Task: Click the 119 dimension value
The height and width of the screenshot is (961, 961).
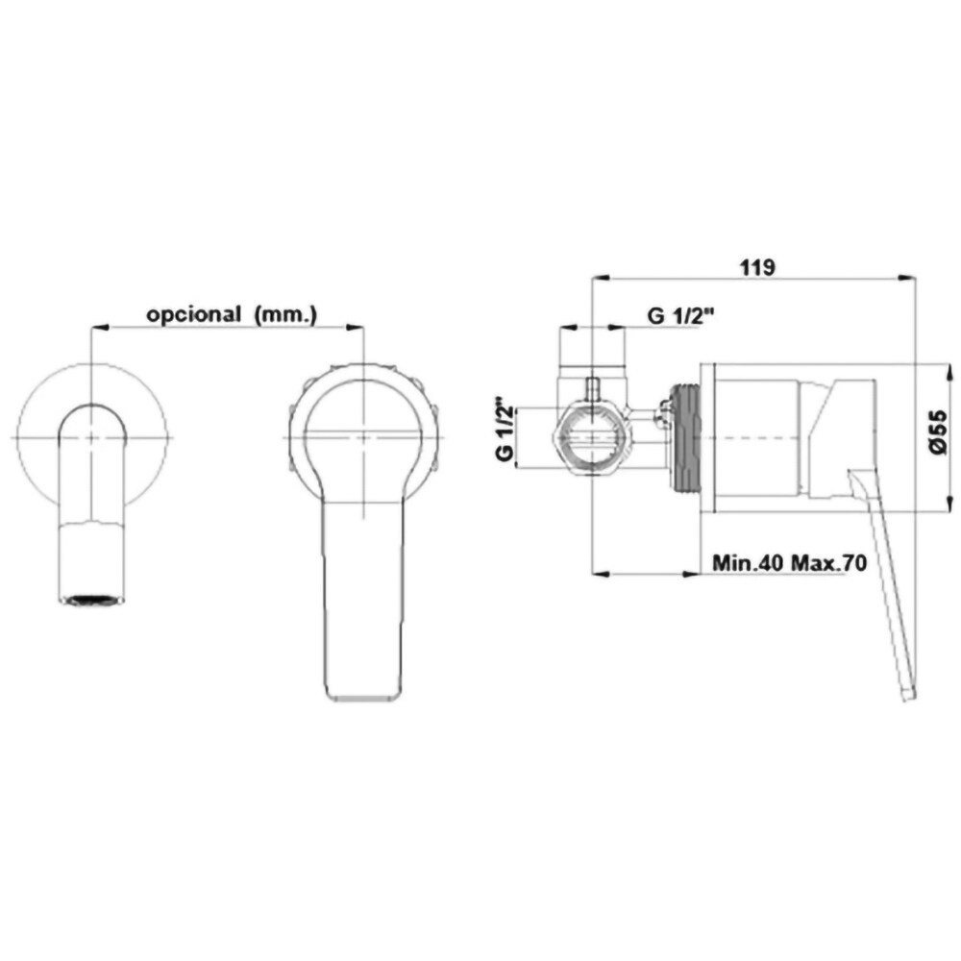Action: point(757,268)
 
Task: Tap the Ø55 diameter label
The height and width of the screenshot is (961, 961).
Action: point(938,432)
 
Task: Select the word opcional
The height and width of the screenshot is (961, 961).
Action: point(193,314)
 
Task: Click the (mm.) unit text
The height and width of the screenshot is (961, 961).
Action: point(285,314)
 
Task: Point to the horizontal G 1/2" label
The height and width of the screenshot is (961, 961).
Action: point(682,316)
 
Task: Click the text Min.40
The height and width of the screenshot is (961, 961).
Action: point(748,562)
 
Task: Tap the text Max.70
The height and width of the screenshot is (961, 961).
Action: point(828,562)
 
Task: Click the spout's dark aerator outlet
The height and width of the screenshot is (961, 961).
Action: point(92,600)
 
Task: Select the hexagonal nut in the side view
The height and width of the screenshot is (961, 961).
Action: point(590,437)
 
